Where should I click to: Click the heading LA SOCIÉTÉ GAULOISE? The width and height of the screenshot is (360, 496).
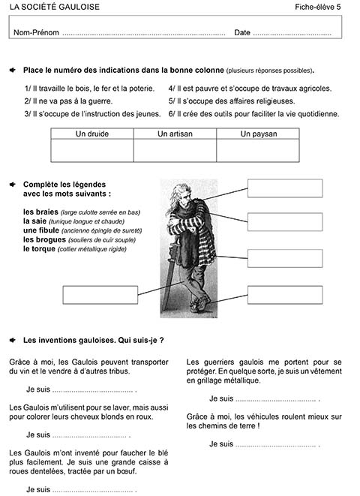tap(54, 7)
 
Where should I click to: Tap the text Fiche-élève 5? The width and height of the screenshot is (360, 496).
tap(318, 7)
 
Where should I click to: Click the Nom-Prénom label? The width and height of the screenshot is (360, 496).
tap(36, 32)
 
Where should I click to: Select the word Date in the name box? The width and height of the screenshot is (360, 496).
tap(242, 32)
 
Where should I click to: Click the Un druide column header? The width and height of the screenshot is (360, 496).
tap(92, 134)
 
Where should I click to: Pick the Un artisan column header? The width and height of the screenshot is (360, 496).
tap(175, 134)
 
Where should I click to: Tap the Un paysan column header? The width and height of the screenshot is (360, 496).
tap(259, 134)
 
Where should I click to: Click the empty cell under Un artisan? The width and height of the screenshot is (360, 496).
tap(175, 150)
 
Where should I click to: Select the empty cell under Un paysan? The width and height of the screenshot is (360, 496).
tap(258, 150)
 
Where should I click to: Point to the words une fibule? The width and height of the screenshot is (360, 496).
tap(41, 230)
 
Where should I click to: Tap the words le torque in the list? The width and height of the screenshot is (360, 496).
tap(39, 249)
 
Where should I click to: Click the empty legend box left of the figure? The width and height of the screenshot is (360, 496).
tap(100, 295)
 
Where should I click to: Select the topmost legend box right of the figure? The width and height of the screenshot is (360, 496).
tap(285, 188)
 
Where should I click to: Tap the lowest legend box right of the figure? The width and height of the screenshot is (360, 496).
tap(285, 295)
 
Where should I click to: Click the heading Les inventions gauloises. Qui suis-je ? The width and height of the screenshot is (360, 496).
tap(93, 341)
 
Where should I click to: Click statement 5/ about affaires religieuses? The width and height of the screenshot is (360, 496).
tap(232, 101)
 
